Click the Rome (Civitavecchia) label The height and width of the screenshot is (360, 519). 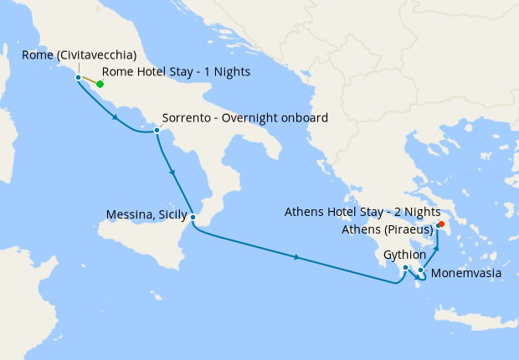pyautogui.click(x=80, y=55)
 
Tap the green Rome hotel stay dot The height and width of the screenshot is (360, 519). pyautogui.click(x=100, y=84)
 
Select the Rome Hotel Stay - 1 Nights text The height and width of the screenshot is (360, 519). pyautogui.click(x=176, y=72)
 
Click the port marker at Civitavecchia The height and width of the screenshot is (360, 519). pyautogui.click(x=78, y=77)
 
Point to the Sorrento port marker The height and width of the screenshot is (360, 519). pyautogui.click(x=157, y=130)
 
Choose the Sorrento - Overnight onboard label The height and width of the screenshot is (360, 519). pyautogui.click(x=244, y=117)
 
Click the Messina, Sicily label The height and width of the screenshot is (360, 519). pyautogui.click(x=146, y=215)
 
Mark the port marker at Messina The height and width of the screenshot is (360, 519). pyautogui.click(x=193, y=218)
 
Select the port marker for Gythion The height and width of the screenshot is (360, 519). pyautogui.click(x=405, y=268)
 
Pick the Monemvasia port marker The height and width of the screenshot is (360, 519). pyautogui.click(x=421, y=270)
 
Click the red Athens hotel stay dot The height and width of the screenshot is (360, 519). pyautogui.click(x=441, y=224)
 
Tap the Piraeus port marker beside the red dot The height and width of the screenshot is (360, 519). pyautogui.click(x=437, y=227)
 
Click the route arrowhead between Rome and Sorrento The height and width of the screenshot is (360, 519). pyautogui.click(x=114, y=117)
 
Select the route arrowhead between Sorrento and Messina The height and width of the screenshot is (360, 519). pyautogui.click(x=172, y=173)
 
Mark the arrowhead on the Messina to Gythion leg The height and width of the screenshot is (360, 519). pyautogui.click(x=298, y=255)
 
